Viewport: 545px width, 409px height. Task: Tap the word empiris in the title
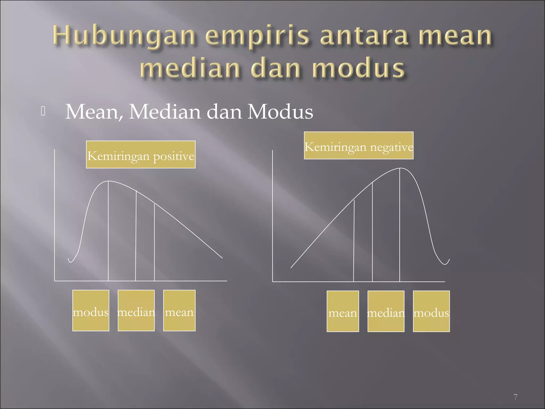tap(257, 36)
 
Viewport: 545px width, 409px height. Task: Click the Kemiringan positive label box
tap(141, 155)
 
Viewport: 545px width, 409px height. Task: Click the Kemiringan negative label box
tap(358, 145)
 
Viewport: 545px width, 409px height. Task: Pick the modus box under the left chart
tap(91, 310)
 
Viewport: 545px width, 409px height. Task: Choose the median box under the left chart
tap(136, 310)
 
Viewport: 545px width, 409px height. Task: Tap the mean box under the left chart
tap(179, 310)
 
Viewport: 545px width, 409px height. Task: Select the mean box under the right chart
tap(343, 311)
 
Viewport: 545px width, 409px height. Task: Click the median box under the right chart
tap(386, 311)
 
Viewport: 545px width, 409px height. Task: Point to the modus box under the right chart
tap(431, 311)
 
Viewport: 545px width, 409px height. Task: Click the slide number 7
tap(515, 397)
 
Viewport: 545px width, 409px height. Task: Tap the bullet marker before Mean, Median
tap(43, 111)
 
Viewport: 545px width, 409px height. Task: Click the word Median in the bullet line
tap(165, 112)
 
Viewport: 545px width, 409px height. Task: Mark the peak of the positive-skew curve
tap(108, 181)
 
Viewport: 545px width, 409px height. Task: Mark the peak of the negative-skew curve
tap(400, 168)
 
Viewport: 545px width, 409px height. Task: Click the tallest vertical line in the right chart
tap(400, 226)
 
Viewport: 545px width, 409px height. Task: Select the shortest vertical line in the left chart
tap(154, 242)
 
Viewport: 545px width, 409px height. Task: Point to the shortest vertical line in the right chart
tap(354, 241)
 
